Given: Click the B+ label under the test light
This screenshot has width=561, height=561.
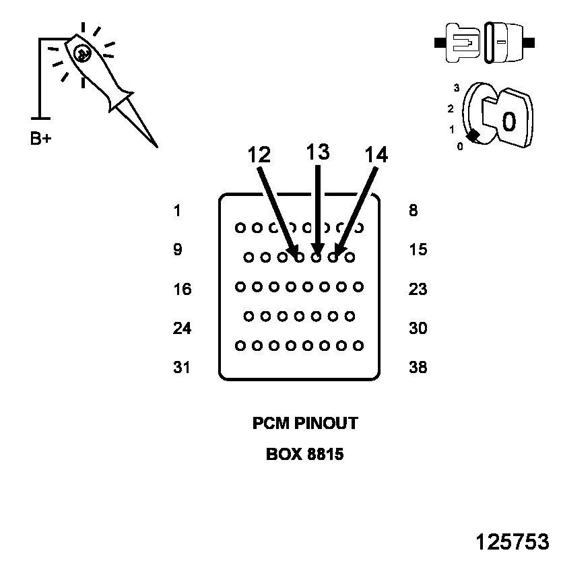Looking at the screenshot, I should (41, 139).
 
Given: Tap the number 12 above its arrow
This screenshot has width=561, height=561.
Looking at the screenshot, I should (259, 155).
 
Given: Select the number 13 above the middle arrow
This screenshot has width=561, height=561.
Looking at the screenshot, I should (318, 152).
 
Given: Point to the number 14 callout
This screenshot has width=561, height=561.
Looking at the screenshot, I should (376, 155).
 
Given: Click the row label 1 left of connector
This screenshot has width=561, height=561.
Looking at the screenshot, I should (177, 211).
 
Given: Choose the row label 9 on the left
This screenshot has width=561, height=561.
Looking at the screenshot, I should (177, 250).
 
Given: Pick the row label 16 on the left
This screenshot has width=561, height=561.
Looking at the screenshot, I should (182, 290).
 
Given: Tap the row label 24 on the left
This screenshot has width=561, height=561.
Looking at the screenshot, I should (182, 329).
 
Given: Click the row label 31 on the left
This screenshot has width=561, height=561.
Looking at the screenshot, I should (182, 368).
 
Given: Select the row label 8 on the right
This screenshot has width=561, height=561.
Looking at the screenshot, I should (413, 211).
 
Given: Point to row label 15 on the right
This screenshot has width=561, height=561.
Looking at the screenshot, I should (418, 250).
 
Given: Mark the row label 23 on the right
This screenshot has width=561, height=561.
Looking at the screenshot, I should (418, 290).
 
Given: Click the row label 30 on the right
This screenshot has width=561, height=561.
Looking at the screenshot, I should (418, 329).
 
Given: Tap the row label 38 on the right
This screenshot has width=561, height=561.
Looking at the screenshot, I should (418, 368).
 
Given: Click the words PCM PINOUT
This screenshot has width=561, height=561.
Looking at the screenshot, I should (305, 424).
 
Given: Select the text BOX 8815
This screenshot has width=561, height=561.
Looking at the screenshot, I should (305, 455).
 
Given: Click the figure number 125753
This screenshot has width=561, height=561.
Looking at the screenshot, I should (513, 542).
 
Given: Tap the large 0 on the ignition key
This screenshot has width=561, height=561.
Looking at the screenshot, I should (509, 121).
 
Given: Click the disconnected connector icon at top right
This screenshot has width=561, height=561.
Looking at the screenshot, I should (485, 42).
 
